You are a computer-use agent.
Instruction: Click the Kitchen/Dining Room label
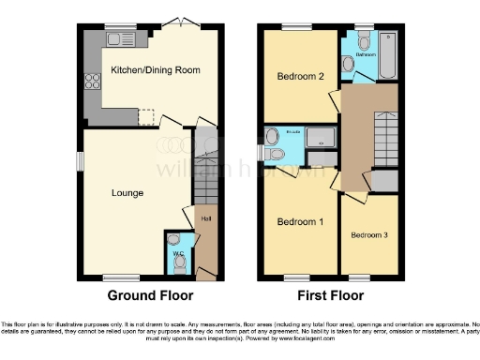point(155,70)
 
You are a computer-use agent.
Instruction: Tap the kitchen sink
point(122,39)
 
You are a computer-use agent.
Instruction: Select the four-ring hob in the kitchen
point(92,82)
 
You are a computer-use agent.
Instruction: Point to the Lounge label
point(127,193)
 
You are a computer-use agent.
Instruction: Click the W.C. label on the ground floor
point(176,253)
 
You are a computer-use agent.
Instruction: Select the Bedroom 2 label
point(300,78)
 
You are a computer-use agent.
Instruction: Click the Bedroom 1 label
point(300,222)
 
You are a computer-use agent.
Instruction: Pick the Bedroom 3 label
point(369,234)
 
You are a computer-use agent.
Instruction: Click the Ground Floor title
point(143,294)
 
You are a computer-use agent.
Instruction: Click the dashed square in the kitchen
point(146,115)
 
